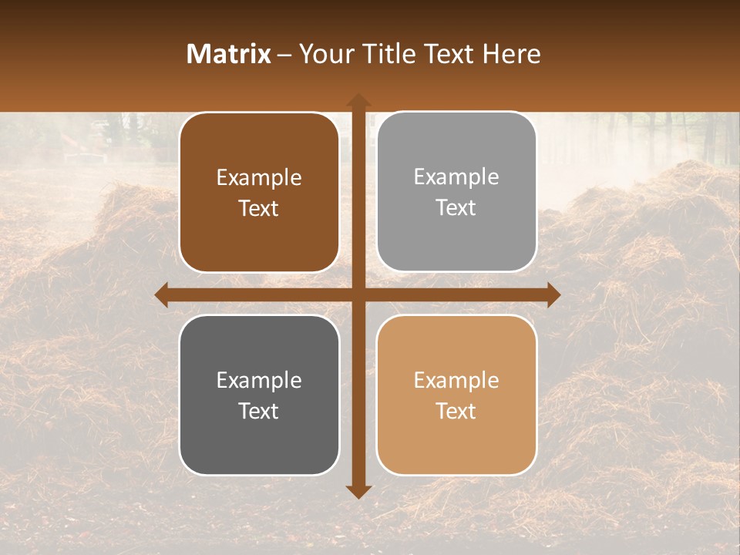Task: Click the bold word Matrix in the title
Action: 229,54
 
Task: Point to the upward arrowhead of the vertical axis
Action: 358,101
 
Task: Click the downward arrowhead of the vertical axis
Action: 358,491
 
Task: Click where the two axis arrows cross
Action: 358,294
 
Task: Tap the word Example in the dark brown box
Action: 259,177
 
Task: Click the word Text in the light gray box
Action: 456,208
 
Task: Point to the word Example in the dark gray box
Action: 259,380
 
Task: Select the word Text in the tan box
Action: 456,411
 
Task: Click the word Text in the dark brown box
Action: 259,209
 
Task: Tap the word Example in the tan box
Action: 456,380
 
